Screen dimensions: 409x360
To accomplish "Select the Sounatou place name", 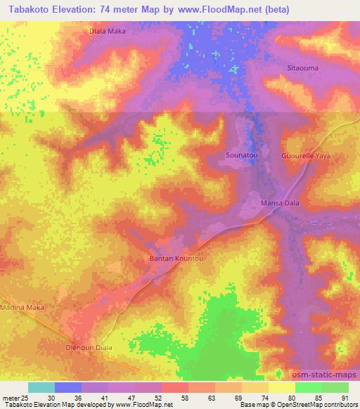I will pyautogui.click(x=242, y=155).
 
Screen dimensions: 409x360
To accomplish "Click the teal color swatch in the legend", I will pyautogui.click(x=41, y=387).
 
